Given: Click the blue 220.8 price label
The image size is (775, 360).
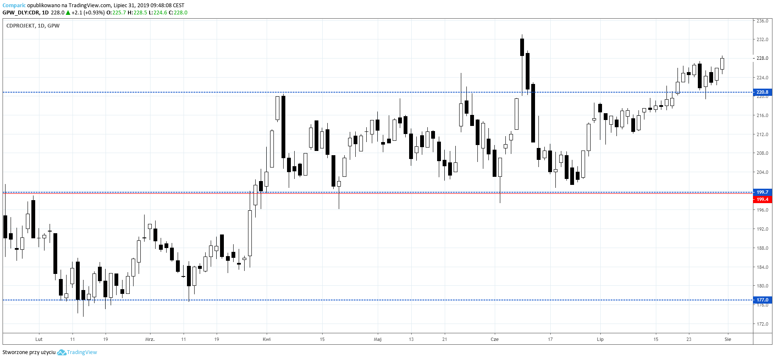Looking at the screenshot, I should pyautogui.click(x=762, y=92).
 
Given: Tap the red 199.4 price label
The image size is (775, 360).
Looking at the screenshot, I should pyautogui.click(x=762, y=199).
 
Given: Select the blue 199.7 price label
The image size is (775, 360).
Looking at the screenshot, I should pyautogui.click(x=762, y=192).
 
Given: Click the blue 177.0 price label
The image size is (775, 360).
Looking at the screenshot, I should pyautogui.click(x=762, y=300).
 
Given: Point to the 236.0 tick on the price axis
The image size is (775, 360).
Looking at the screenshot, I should pyautogui.click(x=762, y=21).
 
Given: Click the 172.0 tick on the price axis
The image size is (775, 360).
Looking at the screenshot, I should pyautogui.click(x=762, y=324).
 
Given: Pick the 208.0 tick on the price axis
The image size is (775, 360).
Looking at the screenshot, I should pyautogui.click(x=762, y=153).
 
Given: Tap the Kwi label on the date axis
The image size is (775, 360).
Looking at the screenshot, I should pyautogui.click(x=267, y=339).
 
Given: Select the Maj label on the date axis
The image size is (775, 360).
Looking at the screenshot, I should pyautogui.click(x=377, y=339).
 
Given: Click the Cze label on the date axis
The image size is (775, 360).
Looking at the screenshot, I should pyautogui.click(x=494, y=339).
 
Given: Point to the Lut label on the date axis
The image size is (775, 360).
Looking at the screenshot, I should pyautogui.click(x=39, y=339).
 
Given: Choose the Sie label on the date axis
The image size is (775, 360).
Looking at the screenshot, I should pyautogui.click(x=728, y=339).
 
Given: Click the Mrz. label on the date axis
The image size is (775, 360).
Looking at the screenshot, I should pyautogui.click(x=150, y=339).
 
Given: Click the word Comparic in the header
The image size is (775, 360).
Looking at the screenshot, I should pyautogui.click(x=14, y=6).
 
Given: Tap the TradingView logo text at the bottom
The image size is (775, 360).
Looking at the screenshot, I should pyautogui.click(x=82, y=352).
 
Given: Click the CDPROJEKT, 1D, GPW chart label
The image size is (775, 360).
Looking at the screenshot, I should pyautogui.click(x=33, y=26).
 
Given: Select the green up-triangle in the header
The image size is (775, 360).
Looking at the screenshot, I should pyautogui.click(x=68, y=13).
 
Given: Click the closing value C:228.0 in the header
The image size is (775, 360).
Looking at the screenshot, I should pyautogui.click(x=178, y=13).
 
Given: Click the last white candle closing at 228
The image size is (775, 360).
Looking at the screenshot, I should pyautogui.click(x=722, y=64).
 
